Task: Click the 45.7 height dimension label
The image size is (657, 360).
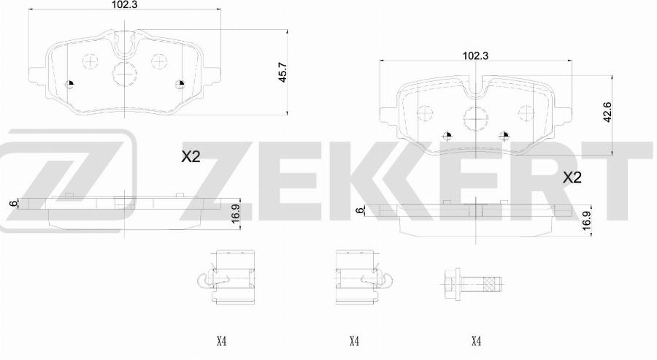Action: [283, 72]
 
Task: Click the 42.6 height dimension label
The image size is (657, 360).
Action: [607, 112]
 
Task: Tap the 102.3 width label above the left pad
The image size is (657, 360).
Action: [124, 4]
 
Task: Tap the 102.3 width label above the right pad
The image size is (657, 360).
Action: [475, 55]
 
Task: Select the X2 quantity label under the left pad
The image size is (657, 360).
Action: [191, 157]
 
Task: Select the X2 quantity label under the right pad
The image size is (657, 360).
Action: [572, 177]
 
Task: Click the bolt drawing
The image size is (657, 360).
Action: [472, 286]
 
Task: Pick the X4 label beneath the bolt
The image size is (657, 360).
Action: [476, 342]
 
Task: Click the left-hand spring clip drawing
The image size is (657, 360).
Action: [226, 276]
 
